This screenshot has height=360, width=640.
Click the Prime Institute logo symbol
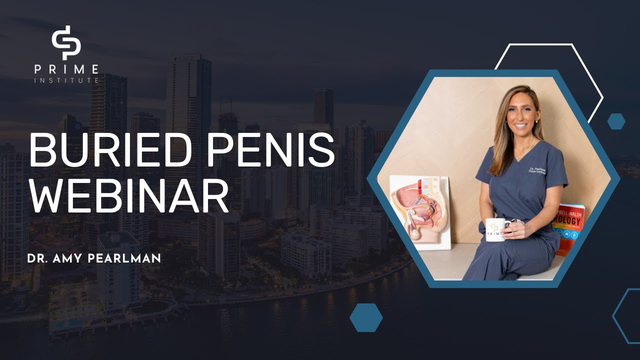point(66,42)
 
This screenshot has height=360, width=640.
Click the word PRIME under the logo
point(66,69)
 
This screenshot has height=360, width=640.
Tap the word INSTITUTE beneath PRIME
point(66,80)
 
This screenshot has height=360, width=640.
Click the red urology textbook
point(569,227)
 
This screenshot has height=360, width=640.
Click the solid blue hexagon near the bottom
point(366,317)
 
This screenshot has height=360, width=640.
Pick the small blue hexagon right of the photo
point(616,121)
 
